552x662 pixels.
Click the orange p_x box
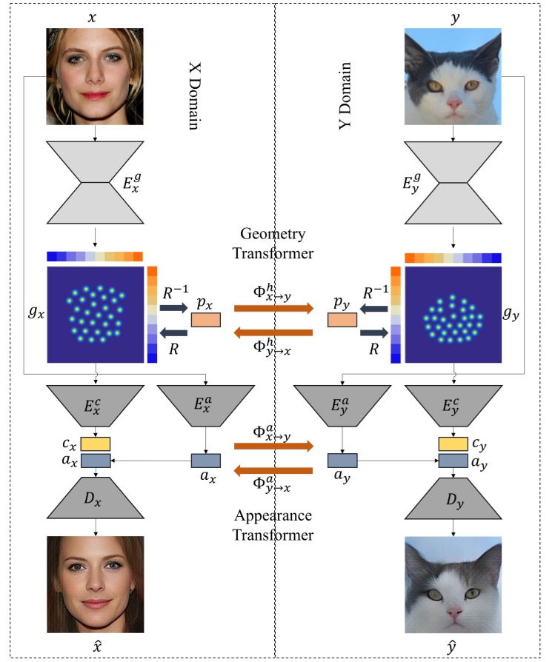click(x=205, y=320)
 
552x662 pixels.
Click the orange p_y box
click(x=342, y=320)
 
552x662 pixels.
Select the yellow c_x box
click(x=95, y=444)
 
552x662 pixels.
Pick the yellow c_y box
click(x=453, y=444)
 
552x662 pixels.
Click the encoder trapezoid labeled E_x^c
click(x=95, y=404)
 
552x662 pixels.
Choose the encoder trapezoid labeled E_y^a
click(x=342, y=404)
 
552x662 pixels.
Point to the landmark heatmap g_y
click(x=453, y=314)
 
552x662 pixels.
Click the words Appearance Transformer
click(x=274, y=524)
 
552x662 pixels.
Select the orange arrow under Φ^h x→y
click(x=273, y=308)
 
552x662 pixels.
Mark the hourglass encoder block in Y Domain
click(x=453, y=181)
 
